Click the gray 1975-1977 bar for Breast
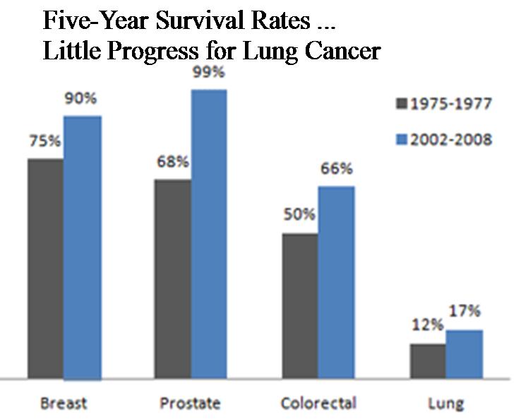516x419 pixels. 46,268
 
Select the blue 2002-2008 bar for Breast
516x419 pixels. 82,247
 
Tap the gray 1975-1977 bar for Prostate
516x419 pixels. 174,279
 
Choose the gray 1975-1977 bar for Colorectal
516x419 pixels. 300,306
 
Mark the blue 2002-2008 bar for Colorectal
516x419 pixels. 336,283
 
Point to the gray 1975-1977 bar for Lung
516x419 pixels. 428,361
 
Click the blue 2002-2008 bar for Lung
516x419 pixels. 464,354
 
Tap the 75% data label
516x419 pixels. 44,141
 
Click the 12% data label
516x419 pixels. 428,326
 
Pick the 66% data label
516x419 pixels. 337,170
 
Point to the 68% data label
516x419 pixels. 173,162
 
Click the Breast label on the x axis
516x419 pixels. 64,403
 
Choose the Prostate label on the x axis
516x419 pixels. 191,403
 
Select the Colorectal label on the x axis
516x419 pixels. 318,403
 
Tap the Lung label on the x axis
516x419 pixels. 446,403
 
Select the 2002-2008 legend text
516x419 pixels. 452,139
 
